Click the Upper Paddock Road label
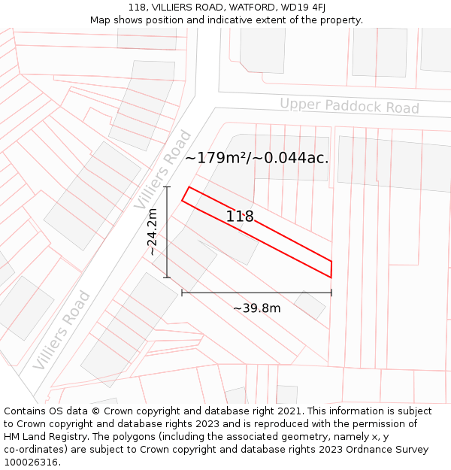coord(350,106)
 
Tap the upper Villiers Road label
coord(162,170)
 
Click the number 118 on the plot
coord(240,217)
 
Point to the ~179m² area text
coord(217,158)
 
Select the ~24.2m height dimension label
coord(153,232)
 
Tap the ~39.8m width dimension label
coord(256,308)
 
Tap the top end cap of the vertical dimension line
coord(167,187)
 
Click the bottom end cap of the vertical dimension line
coord(167,277)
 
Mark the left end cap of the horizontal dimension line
coord(182,293)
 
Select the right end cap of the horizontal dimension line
coord(331,293)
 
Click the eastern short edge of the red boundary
coord(331,269)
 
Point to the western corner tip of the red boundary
coord(182,200)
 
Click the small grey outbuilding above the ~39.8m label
coord(309,305)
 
